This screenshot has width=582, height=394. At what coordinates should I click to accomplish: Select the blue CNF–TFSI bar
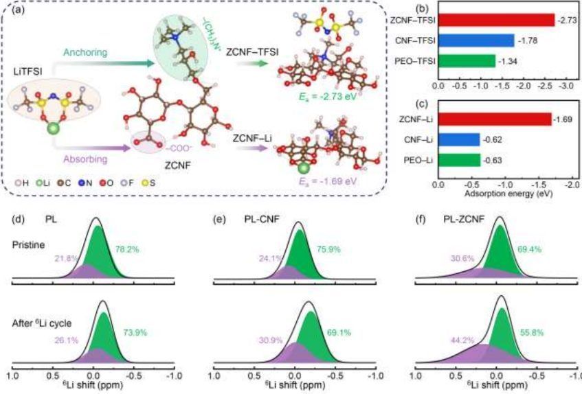pos(475,40)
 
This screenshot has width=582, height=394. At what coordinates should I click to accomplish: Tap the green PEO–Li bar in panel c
pos(458,161)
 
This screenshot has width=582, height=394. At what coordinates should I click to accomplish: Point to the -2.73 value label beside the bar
pos(566,21)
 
